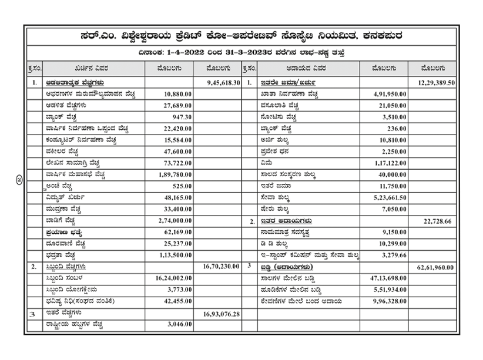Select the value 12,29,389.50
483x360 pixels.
click(x=435, y=83)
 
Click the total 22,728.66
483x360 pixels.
click(x=438, y=220)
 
